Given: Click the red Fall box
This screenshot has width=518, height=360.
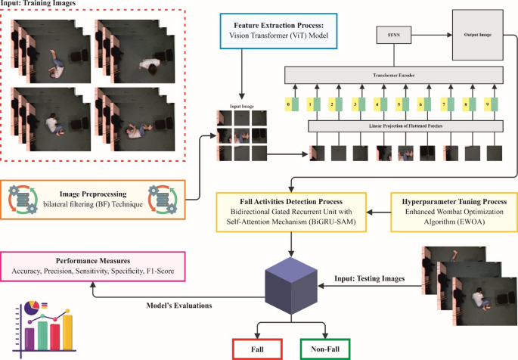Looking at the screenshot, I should [256, 348].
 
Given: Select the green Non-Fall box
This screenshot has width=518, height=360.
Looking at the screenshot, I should [327, 348].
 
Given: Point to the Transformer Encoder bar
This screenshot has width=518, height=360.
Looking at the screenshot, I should [392, 75].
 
